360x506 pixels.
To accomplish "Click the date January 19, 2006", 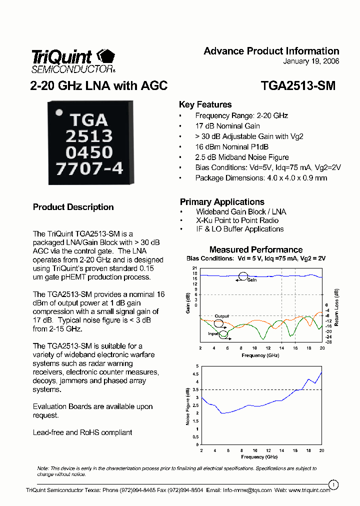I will tap(311, 61).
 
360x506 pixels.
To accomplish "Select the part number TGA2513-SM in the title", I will tap(298, 86).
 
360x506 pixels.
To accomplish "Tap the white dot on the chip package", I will tap(59, 113).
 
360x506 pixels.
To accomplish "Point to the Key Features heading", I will tap(205, 104).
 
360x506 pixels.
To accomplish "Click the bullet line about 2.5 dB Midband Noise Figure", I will tap(242, 157).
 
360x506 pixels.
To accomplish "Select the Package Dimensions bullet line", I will tap(261, 178).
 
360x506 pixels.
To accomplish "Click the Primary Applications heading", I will tap(222, 202).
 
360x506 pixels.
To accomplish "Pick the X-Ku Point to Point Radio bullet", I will tap(237, 220).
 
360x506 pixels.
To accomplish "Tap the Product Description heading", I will tap(73, 207).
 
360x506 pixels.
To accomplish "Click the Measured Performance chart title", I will tap(255, 249).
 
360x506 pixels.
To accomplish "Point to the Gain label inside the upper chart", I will tap(251, 280).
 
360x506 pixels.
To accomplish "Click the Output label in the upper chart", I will tap(221, 316).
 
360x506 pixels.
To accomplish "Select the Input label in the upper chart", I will tap(213, 333).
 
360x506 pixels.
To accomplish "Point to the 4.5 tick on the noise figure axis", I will tap(195, 374).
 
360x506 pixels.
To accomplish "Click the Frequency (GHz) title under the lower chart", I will tap(259, 457).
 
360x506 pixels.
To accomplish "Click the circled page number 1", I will tap(333, 484).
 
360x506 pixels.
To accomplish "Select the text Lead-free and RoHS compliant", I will tap(82, 432).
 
